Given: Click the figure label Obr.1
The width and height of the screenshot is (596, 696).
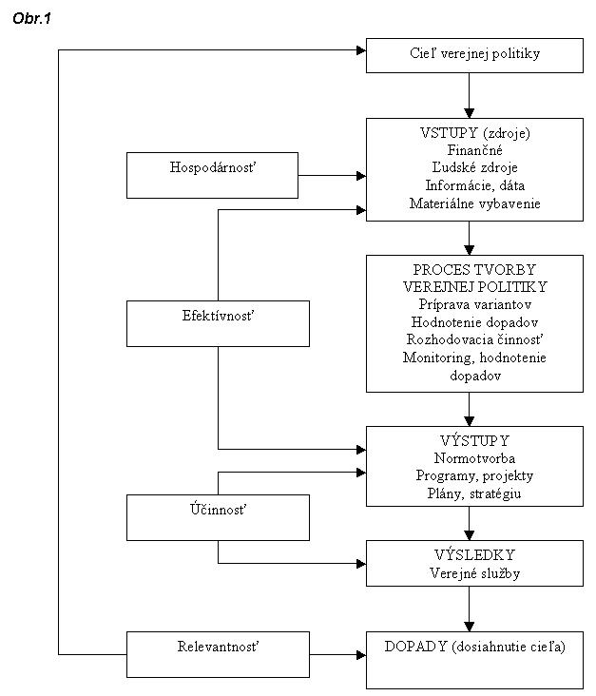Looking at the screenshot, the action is coord(32,18).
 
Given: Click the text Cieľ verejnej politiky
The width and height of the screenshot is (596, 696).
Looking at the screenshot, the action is coord(474,53).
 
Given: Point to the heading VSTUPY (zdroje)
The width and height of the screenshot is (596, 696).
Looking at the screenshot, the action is coord(475,133).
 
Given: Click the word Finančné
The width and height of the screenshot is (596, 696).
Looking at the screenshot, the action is coord(474,150).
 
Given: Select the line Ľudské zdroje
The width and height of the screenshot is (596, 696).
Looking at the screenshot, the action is coord(474,167).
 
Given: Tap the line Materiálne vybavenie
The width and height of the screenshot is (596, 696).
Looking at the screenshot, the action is coord(475,203).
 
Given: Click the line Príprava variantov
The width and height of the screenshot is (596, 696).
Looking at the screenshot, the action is coord(475,304).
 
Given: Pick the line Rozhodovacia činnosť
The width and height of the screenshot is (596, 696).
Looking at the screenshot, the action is coord(475,339).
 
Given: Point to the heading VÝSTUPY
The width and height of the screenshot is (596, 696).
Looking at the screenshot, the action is coord(474,440).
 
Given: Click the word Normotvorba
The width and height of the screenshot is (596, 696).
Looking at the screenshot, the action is coord(474,458).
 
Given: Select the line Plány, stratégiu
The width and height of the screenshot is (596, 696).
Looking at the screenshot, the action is coord(474,493).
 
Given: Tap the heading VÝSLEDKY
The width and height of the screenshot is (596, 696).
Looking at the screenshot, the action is coord(474,555).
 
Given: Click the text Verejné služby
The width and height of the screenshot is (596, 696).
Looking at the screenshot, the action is coord(474,573).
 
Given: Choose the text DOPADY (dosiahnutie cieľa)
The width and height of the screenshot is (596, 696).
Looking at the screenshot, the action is coord(475,647).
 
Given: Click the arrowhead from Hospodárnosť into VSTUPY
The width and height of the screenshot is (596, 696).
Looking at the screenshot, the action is coord(361,176).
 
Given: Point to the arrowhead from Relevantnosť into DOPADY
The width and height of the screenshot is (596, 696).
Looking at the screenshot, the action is coord(361,655).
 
